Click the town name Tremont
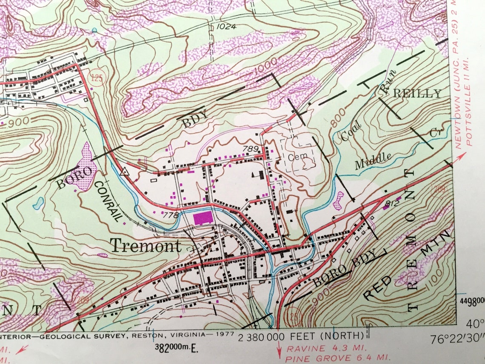145,246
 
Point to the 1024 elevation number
226,26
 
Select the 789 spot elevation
251,149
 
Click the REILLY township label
418,93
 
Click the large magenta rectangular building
203,218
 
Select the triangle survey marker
125,172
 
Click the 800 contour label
339,122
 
